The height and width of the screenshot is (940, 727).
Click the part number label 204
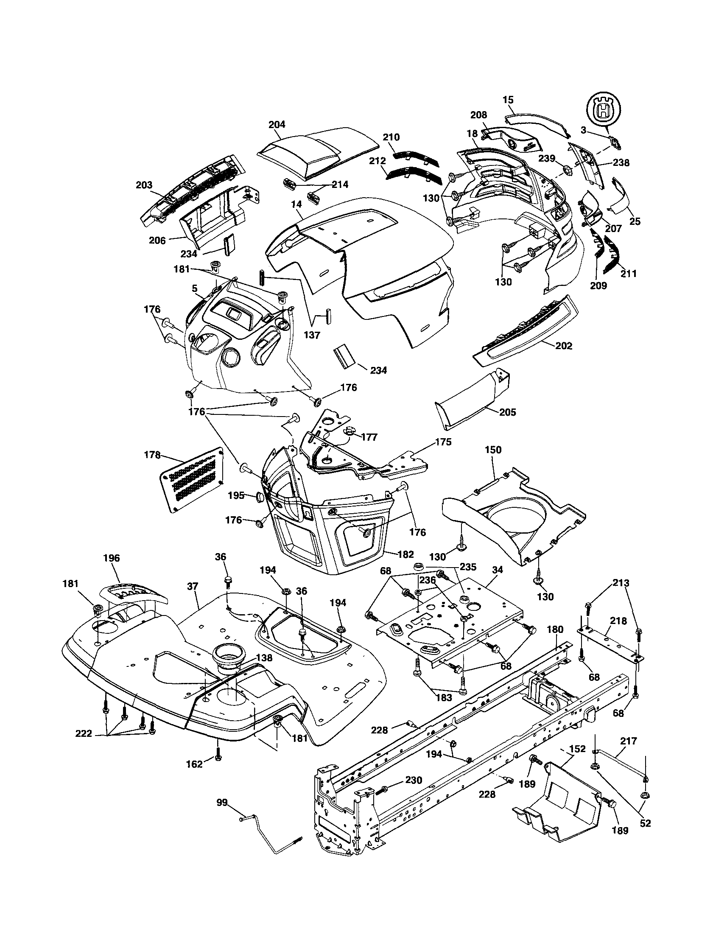[277, 124]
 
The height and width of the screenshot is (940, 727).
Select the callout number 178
[152, 455]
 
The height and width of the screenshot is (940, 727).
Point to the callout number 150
[493, 450]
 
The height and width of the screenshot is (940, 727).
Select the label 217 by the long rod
[628, 741]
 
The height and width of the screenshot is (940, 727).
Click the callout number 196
[112, 558]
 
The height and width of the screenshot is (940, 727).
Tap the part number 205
[507, 412]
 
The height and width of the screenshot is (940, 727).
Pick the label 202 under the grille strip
[564, 346]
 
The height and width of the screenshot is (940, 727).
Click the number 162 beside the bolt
[194, 764]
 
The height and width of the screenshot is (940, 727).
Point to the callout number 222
[84, 734]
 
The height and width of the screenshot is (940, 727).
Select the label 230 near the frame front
[413, 780]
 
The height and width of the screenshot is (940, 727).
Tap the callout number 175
[443, 442]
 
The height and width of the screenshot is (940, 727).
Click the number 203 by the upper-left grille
[144, 185]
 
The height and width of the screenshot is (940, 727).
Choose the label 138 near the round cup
[263, 658]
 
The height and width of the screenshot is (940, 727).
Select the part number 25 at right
[635, 221]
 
